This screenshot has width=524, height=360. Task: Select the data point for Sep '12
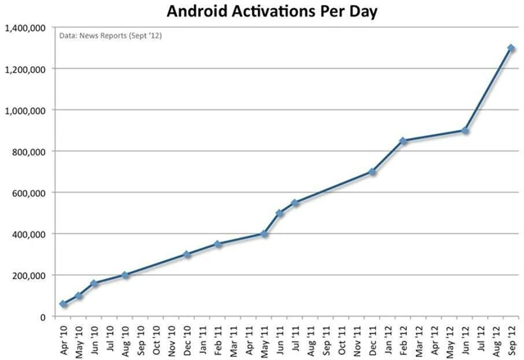pos(511,48)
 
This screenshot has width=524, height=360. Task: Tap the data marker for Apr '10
pos(63,304)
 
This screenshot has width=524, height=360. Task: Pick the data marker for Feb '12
pos(403,141)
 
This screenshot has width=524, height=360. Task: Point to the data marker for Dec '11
pos(373,172)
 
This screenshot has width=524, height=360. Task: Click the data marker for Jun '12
pos(465,130)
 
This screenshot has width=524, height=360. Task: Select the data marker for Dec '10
pos(187,254)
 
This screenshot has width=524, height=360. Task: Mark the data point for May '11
pos(264,234)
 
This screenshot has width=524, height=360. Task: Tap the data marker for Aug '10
pos(125,275)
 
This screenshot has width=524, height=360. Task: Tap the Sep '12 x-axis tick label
pos(512,339)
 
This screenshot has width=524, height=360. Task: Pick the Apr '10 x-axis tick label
pos(64,339)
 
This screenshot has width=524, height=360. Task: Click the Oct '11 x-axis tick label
pos(342,339)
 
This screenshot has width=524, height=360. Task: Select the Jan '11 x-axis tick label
pos(203,339)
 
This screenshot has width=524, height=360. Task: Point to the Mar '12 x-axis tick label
pos(419,339)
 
